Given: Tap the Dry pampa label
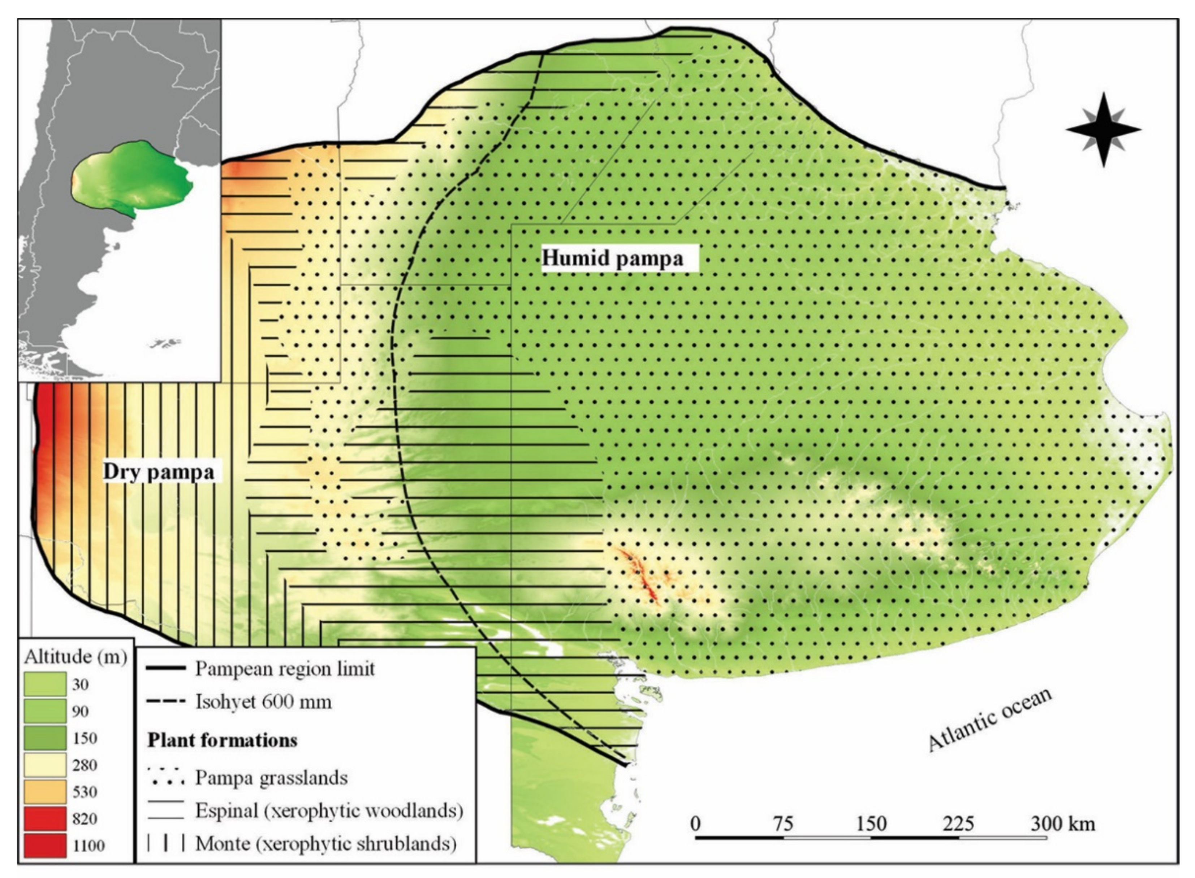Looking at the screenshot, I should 159,472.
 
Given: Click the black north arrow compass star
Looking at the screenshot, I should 1103,130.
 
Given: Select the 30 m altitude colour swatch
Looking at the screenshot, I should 45,684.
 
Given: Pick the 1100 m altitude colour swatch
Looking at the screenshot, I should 45,845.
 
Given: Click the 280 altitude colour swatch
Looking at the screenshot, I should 45,765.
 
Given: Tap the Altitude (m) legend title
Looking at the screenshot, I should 76,657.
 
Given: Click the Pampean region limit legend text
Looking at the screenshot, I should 285,669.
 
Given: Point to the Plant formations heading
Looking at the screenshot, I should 222,740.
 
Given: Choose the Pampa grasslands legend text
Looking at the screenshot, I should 271,778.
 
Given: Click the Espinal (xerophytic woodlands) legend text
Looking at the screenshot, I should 329,810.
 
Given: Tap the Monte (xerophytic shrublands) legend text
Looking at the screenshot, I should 326,843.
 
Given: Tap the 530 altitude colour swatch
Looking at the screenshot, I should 45,791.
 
